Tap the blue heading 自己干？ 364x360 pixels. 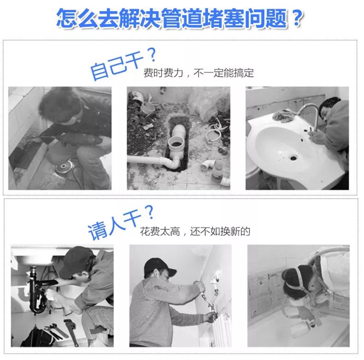122,65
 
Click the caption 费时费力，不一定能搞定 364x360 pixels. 199,73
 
